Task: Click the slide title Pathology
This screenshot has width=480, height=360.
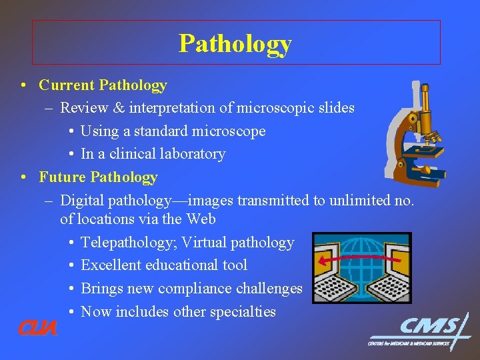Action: point(235,43)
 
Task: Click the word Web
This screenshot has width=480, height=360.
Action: point(201,219)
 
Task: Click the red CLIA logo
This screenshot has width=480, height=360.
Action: point(38,328)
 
